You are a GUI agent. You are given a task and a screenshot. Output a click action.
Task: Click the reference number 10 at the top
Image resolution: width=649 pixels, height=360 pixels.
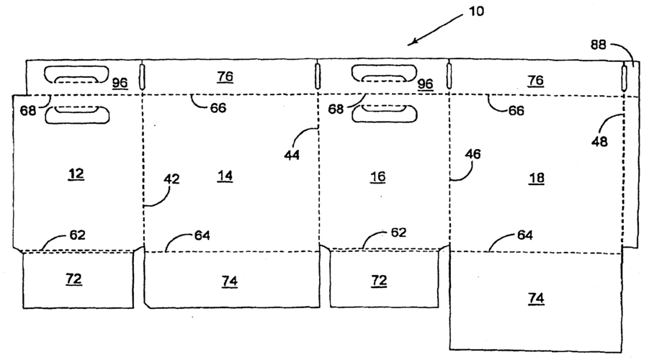coord(476,12)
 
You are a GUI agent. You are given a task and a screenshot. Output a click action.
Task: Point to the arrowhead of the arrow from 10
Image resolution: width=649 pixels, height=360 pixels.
coord(409,44)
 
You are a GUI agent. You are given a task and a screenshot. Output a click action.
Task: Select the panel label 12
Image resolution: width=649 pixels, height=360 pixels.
coord(76,174)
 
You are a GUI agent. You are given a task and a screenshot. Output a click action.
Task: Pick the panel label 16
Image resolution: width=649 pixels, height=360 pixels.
coord(378,176)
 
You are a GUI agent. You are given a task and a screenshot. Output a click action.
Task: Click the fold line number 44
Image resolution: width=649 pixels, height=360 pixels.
coord(293,154)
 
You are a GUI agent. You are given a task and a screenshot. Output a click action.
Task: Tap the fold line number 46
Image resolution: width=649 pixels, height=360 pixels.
coord(473,154)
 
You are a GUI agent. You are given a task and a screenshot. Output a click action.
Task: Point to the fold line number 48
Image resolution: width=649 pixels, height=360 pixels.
coord(599,141)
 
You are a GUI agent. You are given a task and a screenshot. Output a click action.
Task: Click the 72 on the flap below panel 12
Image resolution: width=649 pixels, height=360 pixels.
coord(73,278)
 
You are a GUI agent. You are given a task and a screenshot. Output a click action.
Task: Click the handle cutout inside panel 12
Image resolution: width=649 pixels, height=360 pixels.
coord(76,114)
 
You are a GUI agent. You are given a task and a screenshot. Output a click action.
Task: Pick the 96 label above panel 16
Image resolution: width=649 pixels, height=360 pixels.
coord(426,84)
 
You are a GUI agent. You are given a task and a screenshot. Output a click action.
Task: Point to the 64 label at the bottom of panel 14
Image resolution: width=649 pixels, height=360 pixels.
coord(202,235)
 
